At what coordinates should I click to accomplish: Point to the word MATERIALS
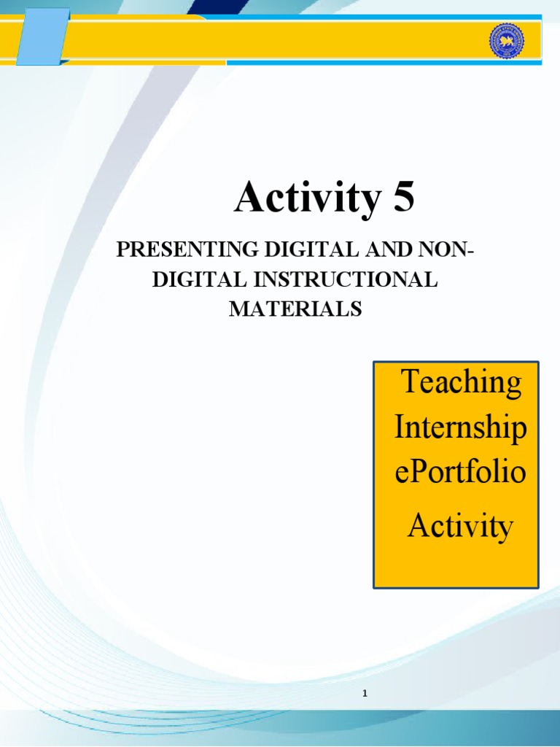(x=295, y=309)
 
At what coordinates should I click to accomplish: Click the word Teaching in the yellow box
(x=461, y=382)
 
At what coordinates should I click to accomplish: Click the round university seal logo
(x=508, y=42)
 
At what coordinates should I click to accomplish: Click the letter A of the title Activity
(x=248, y=198)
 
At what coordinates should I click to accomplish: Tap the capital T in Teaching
(x=410, y=382)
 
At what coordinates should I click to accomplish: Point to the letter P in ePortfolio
(x=414, y=472)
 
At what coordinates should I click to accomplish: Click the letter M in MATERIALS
(x=238, y=309)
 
